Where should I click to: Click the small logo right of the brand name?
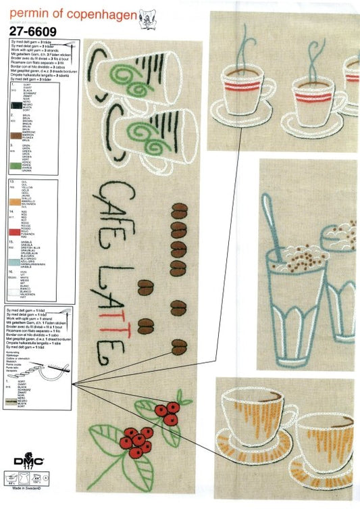click(146, 18)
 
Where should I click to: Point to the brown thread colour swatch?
click(16, 136)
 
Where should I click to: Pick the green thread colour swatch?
click(16, 165)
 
